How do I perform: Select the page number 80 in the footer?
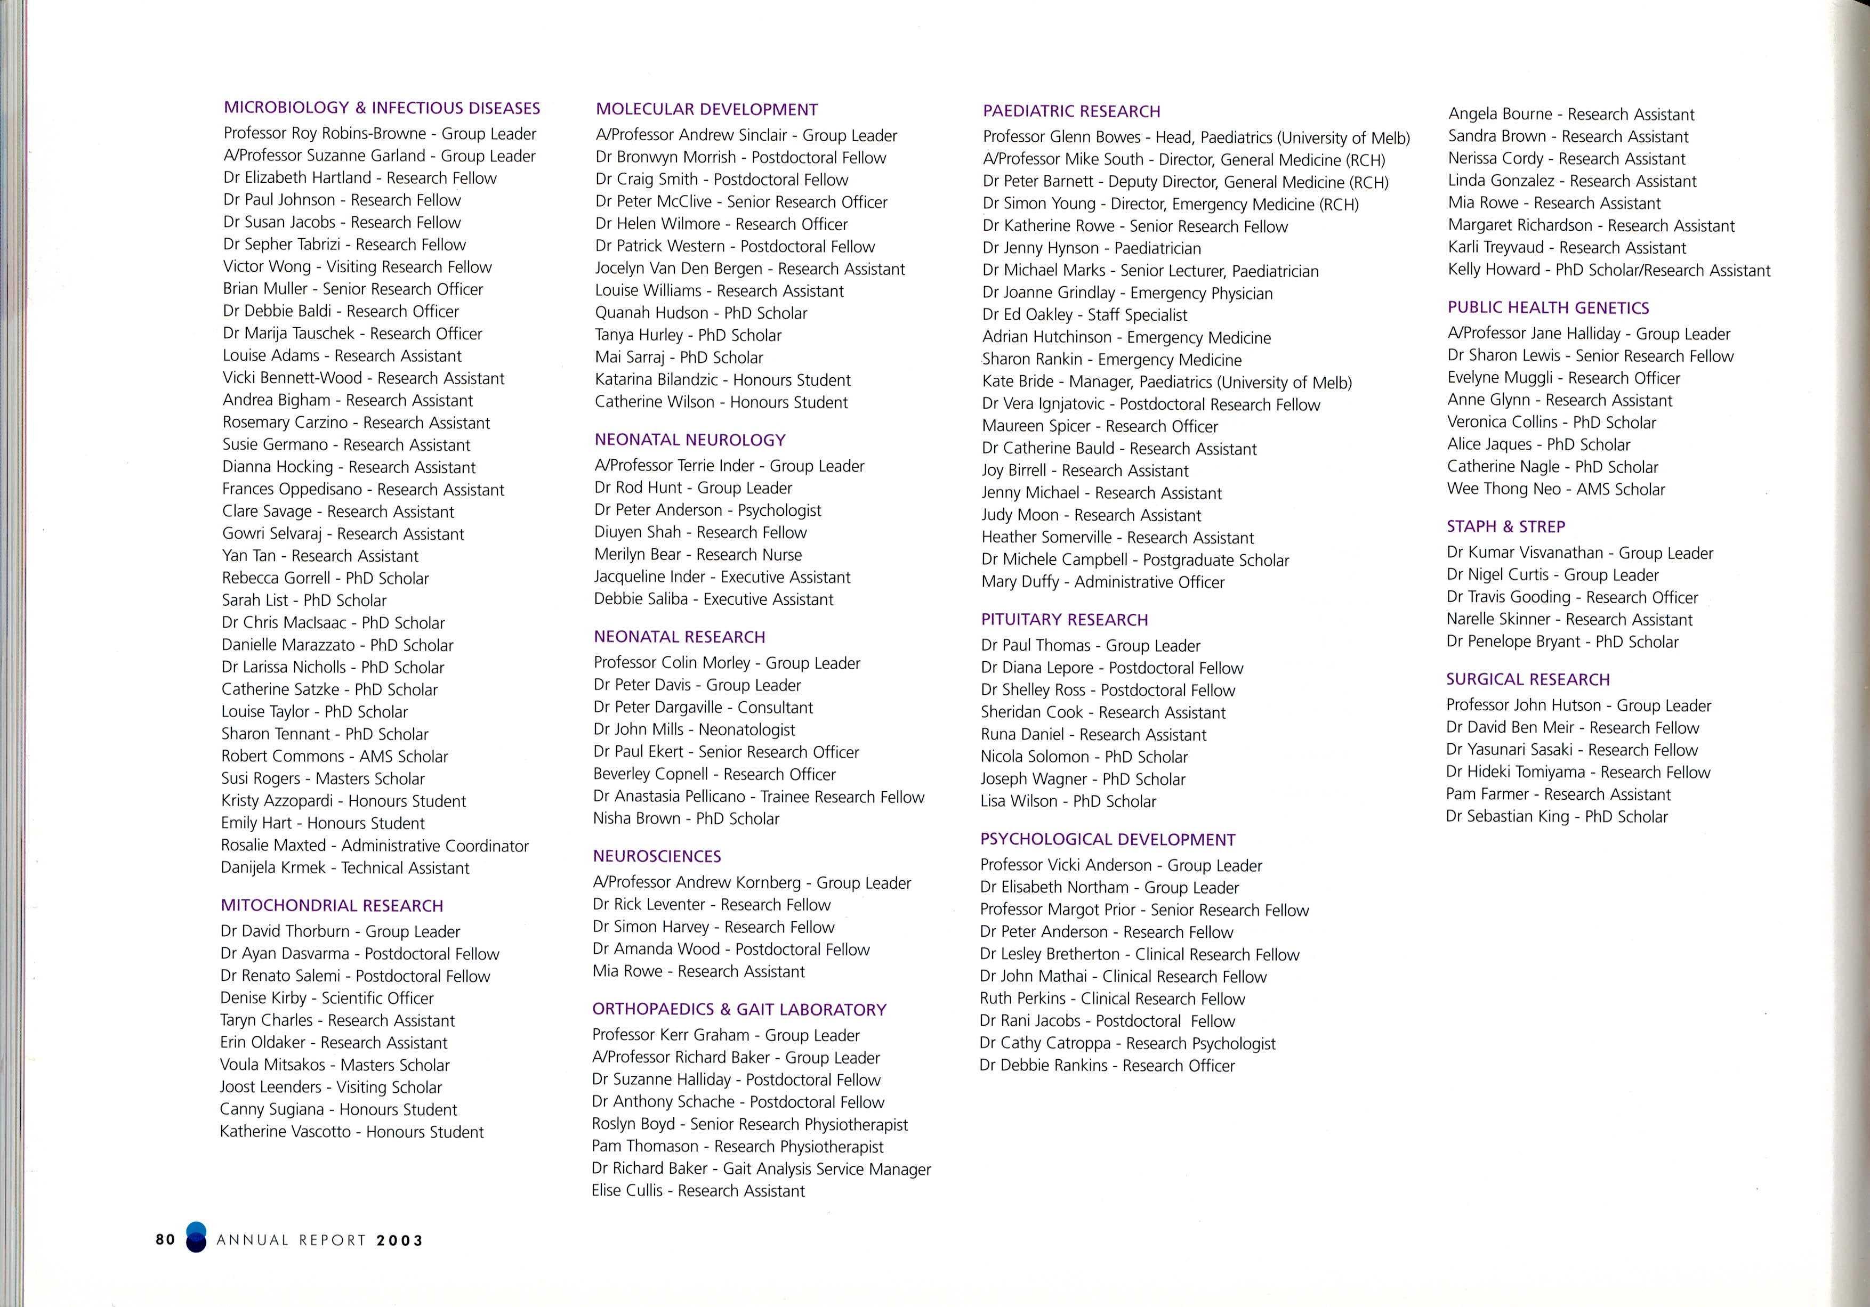[165, 1239]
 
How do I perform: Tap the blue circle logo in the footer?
[196, 1237]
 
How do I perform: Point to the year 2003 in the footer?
[400, 1240]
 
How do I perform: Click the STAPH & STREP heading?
[1506, 526]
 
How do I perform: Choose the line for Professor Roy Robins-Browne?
[380, 134]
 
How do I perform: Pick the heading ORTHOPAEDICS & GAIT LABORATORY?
[739, 1009]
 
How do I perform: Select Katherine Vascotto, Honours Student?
[352, 1131]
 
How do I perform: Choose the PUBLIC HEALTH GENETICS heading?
[1547, 307]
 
